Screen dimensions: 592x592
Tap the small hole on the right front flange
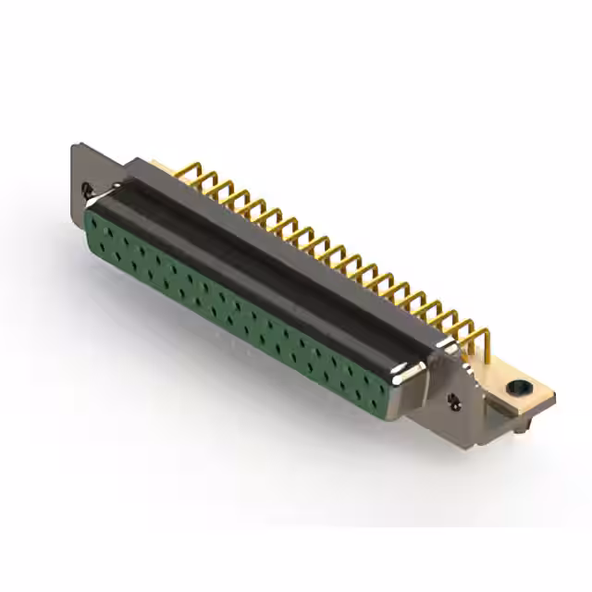tap(453, 401)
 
